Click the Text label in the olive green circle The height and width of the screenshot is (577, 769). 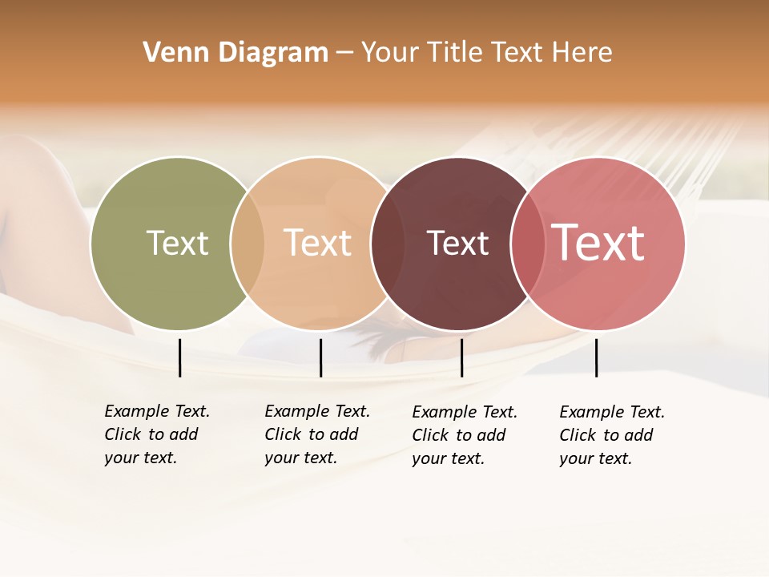tap(177, 243)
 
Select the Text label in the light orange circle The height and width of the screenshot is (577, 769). tap(317, 243)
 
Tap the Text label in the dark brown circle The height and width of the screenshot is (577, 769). tap(457, 243)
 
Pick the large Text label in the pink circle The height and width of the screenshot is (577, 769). tap(598, 243)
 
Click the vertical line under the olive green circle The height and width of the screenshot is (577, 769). tap(179, 357)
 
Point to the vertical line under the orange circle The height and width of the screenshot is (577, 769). tap(320, 357)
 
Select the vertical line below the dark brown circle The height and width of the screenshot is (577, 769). tap(461, 357)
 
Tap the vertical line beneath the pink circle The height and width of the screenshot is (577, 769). tap(596, 357)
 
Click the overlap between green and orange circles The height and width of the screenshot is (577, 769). tap(247, 243)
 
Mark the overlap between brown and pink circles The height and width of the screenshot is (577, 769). tap(528, 243)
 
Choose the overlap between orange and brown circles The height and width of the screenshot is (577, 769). tap(387, 243)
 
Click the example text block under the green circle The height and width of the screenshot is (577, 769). tap(157, 434)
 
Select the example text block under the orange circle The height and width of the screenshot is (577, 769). tap(317, 434)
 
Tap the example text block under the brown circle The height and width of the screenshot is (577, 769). tap(465, 435)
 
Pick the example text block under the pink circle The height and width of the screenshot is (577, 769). tap(612, 435)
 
